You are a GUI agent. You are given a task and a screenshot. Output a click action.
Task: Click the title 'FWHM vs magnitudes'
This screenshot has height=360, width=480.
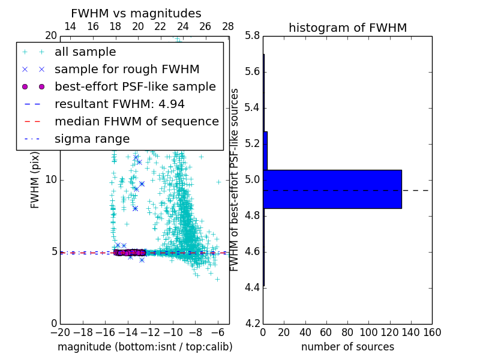click(136, 13)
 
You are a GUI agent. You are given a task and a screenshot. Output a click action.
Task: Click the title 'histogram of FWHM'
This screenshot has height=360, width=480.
click(347, 28)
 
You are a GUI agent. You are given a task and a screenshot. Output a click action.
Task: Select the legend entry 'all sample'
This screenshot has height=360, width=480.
click(85, 52)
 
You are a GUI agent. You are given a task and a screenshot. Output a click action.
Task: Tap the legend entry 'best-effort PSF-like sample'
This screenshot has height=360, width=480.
click(135, 86)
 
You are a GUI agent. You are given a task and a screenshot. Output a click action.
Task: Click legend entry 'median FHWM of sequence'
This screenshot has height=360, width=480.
click(136, 121)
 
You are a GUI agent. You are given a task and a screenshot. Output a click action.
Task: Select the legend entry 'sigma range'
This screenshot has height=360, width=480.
click(92, 139)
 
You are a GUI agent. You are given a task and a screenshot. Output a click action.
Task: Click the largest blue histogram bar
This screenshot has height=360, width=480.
click(332, 189)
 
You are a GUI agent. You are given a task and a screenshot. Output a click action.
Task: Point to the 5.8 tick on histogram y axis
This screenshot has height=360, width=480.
click(252, 36)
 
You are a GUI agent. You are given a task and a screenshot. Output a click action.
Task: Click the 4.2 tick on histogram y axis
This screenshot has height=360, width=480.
click(252, 323)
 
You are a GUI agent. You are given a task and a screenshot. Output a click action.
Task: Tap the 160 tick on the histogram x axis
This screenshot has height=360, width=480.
click(432, 332)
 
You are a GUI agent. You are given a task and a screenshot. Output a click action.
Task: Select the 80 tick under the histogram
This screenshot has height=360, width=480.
click(347, 332)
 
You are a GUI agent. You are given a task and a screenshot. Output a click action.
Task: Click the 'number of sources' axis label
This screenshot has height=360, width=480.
click(347, 347)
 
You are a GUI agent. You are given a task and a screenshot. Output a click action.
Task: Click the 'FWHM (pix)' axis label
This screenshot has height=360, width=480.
click(35, 179)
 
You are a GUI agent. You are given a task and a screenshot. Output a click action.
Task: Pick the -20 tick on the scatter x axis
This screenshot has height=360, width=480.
click(60, 332)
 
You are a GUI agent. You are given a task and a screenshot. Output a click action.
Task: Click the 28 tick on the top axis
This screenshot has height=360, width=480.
click(228, 26)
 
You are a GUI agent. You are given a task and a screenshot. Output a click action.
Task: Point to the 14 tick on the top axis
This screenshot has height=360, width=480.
click(70, 26)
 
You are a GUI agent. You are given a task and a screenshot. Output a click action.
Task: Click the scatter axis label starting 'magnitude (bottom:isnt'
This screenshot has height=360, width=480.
click(145, 347)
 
